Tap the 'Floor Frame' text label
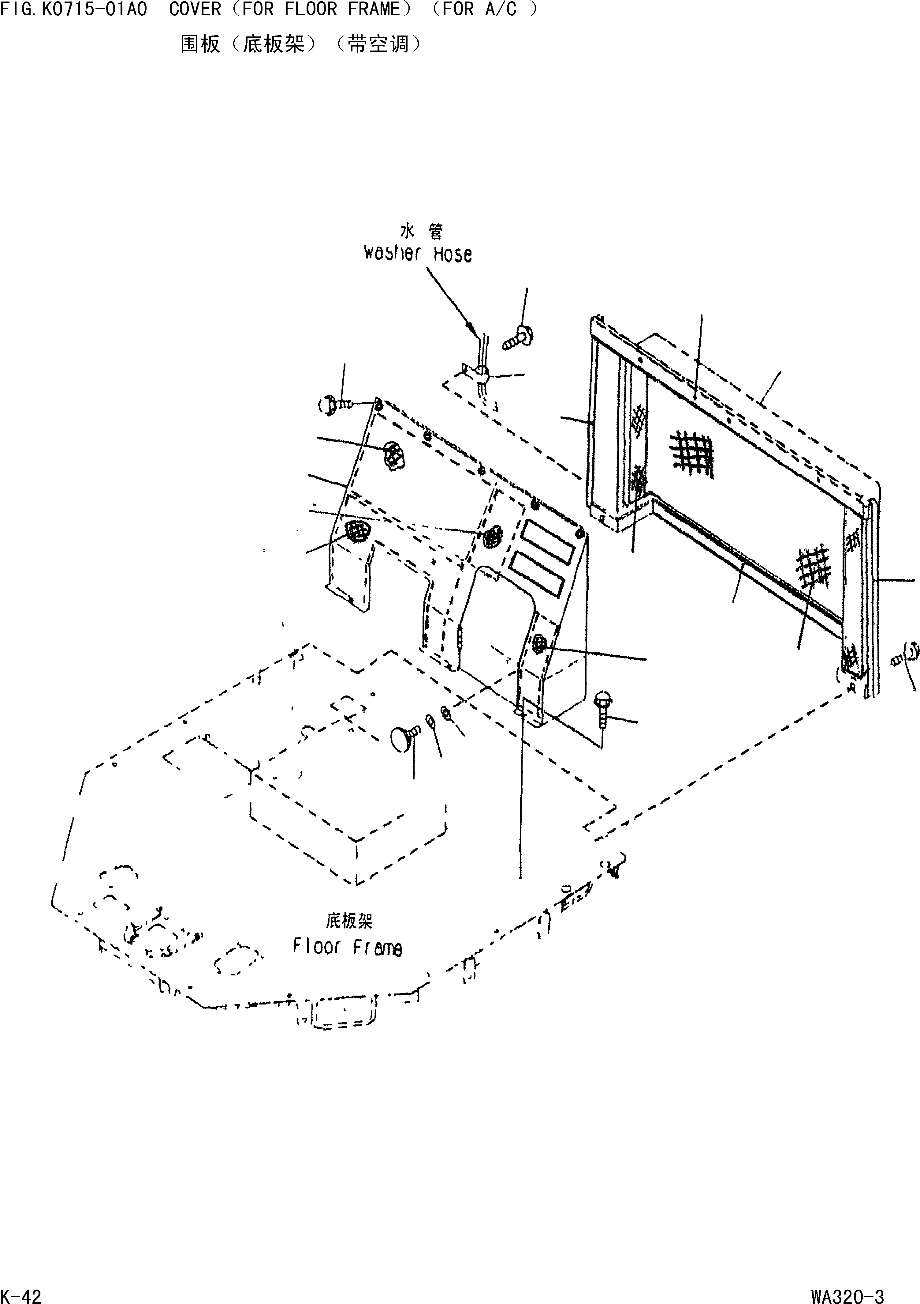click(x=347, y=947)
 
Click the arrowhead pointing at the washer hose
click(x=471, y=328)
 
